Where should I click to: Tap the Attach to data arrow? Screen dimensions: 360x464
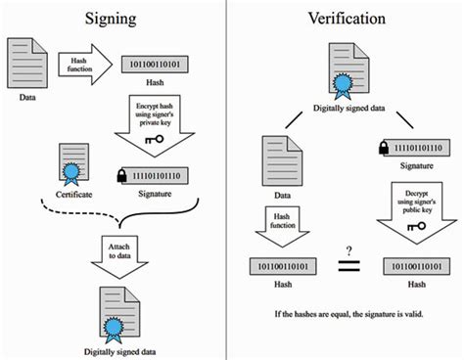119,245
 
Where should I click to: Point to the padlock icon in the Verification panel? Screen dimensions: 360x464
380,147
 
